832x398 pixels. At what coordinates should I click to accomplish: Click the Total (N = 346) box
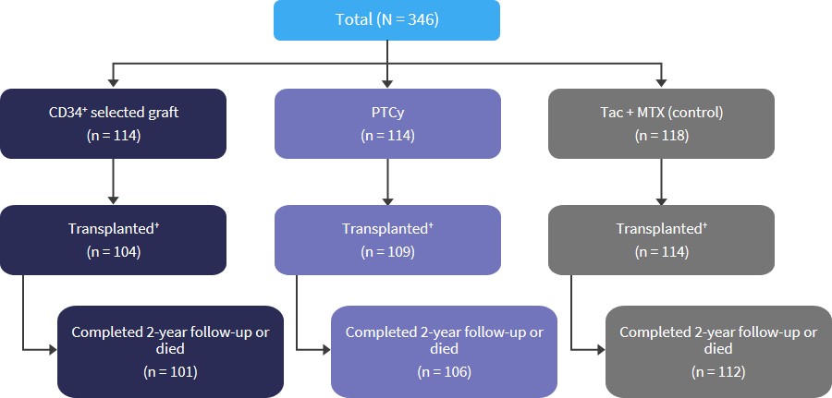[386, 20]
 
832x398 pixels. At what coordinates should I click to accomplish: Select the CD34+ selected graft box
[114, 124]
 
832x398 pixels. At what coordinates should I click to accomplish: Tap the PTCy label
[387, 113]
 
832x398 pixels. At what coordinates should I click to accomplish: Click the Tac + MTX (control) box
[661, 124]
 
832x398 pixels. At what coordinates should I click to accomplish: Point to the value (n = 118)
[662, 136]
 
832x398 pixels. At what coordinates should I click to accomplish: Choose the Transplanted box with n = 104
[114, 240]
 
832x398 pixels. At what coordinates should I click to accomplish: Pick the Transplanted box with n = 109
[387, 240]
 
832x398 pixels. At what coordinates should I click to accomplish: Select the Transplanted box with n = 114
[661, 240]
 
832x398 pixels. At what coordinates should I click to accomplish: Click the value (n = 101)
[170, 372]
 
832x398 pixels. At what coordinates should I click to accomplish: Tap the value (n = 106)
[444, 372]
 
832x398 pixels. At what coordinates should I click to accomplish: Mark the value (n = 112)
[718, 372]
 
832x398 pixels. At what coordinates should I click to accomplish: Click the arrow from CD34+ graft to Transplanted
[113, 182]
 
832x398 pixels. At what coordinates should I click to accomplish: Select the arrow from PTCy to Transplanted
[387, 182]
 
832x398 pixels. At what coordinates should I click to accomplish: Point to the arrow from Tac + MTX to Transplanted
[661, 182]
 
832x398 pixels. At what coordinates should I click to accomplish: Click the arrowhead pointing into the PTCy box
[387, 83]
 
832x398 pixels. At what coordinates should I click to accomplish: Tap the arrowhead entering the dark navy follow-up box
[53, 350]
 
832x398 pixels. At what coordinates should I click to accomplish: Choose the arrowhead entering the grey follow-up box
[601, 350]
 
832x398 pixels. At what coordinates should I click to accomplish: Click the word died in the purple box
[444, 349]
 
